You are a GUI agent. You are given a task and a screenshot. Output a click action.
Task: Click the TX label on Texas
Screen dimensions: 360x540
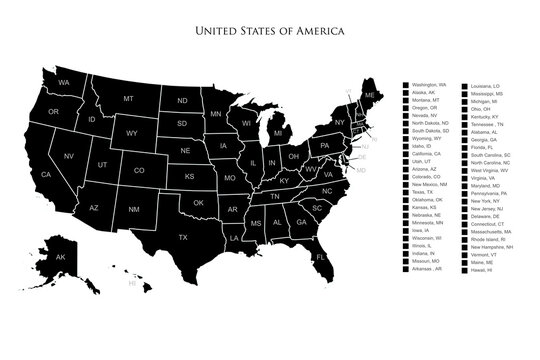[x=183, y=237]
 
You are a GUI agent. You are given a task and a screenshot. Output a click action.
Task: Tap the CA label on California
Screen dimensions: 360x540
[x=46, y=174]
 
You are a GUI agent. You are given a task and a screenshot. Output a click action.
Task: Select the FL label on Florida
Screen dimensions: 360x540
[x=321, y=257]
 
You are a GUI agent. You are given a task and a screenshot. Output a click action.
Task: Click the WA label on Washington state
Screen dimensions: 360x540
[x=63, y=82]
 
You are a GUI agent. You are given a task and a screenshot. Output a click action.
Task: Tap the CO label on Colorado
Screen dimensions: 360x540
[x=139, y=171]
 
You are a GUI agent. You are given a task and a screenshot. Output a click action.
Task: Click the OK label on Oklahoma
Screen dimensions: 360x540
[x=199, y=203]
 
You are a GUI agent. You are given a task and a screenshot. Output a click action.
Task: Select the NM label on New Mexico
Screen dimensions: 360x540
[x=133, y=209]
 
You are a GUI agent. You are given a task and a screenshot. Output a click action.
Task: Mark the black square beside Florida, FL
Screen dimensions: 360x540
[x=463, y=147]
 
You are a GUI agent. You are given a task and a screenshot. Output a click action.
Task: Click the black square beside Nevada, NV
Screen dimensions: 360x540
[x=405, y=115]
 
